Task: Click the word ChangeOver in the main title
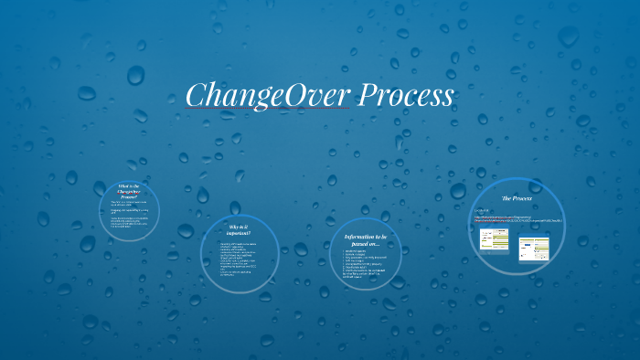point(252,95)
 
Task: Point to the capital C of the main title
point(196,95)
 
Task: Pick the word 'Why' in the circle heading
point(232,226)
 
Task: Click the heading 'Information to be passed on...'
point(366,238)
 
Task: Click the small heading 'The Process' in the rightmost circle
point(517,197)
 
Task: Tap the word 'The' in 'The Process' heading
point(507,197)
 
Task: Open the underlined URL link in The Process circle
point(517,219)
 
